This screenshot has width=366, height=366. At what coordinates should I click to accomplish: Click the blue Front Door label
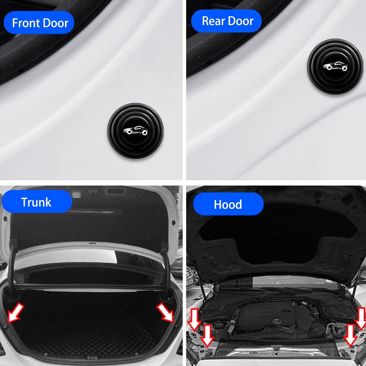[39, 23]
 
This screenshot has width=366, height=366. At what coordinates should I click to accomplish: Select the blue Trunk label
[37, 202]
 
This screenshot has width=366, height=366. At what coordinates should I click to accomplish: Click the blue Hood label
[228, 204]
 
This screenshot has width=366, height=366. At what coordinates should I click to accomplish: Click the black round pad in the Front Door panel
[136, 131]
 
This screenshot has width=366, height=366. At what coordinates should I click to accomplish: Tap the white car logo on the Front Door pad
[136, 130]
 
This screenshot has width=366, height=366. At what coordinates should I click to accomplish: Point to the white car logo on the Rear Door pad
[335, 66]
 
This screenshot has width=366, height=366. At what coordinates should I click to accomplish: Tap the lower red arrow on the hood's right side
[350, 335]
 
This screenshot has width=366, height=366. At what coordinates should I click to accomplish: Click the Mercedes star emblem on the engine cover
[277, 321]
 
